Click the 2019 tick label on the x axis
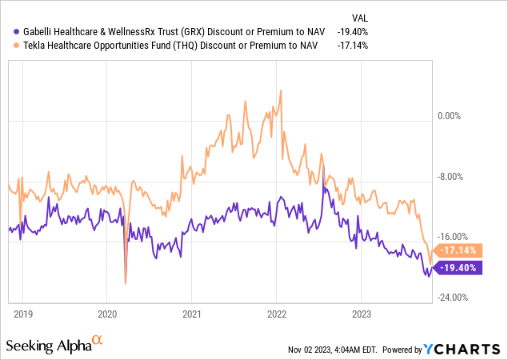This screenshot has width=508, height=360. pos(22,313)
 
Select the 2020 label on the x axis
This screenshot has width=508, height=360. pos(107,313)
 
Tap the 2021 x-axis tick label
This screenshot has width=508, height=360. pos(192,313)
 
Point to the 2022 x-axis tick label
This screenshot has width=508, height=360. pos(277,313)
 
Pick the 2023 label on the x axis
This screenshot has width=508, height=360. pos(362,313)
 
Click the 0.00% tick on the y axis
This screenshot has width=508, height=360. pos(454,116)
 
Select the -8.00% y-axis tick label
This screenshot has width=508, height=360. pos(454,177)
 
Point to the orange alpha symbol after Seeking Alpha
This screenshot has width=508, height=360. pos(98,341)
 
